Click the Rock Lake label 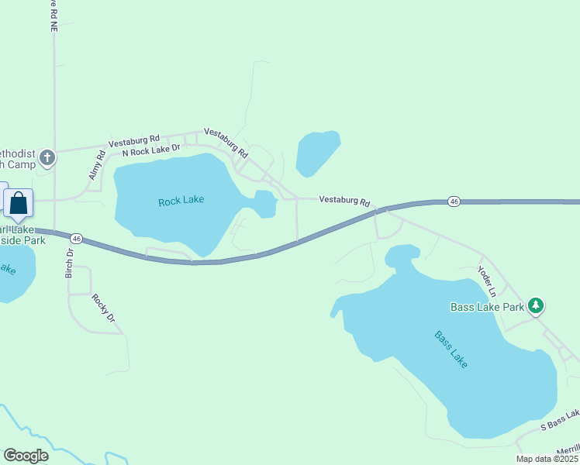181,201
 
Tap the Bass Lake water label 451,350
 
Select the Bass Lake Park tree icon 536,306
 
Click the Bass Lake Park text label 488,307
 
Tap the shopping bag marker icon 19,205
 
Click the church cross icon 47,158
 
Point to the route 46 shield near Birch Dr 76,238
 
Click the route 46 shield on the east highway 454,201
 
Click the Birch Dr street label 70,264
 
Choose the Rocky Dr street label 103,308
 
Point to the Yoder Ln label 486,281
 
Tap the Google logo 26,456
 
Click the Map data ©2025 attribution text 547,459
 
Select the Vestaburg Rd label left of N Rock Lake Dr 134,140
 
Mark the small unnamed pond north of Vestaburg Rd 318,152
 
